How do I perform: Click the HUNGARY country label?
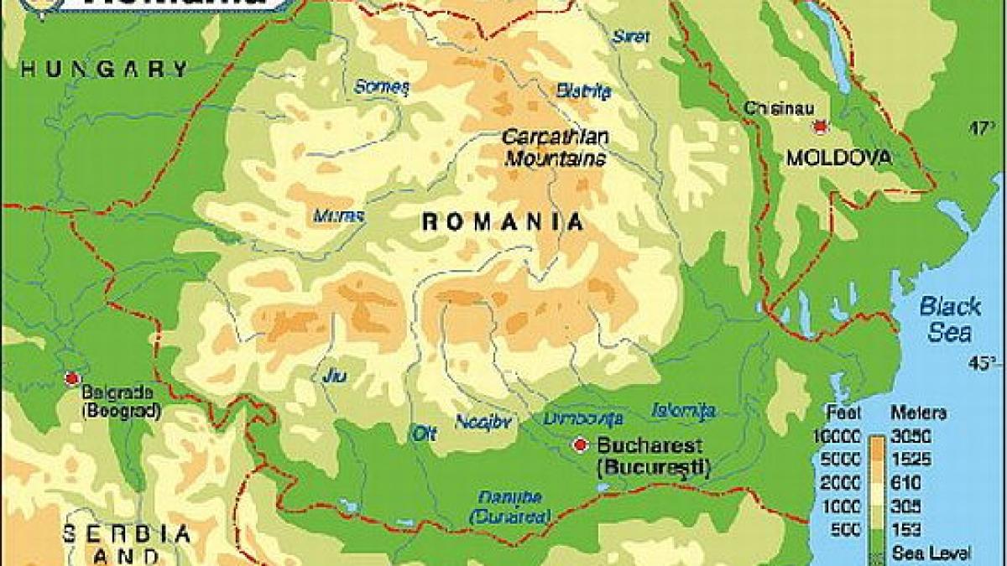pyautogui.click(x=105, y=70)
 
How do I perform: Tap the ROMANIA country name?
pyautogui.click(x=502, y=222)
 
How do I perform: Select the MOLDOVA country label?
pyautogui.click(x=839, y=158)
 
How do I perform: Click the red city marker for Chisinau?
pyautogui.click(x=818, y=127)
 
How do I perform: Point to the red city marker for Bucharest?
pyautogui.click(x=579, y=445)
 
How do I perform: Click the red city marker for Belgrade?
pyautogui.click(x=70, y=378)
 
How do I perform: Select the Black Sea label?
pyautogui.click(x=950, y=319)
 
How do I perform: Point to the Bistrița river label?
pyautogui.click(x=578, y=90)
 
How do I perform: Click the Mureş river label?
pyautogui.click(x=338, y=215)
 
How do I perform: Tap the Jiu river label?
pyautogui.click(x=334, y=376)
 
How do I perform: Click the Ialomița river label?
pyautogui.click(x=684, y=410)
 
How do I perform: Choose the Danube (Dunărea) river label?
pyautogui.click(x=510, y=506)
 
